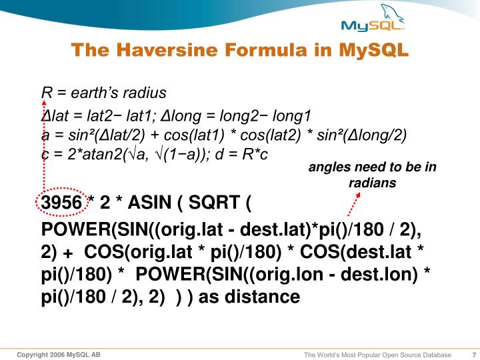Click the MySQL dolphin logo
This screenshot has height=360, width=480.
373,18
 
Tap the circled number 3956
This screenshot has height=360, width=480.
61,203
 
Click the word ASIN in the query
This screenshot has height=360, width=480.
149,203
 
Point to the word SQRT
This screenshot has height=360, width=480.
214,203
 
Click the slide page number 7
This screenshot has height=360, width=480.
474,355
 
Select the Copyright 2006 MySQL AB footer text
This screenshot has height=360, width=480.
59,355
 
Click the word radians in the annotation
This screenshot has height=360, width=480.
372,183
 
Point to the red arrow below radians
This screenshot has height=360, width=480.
354,204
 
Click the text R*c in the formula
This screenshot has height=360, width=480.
255,154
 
